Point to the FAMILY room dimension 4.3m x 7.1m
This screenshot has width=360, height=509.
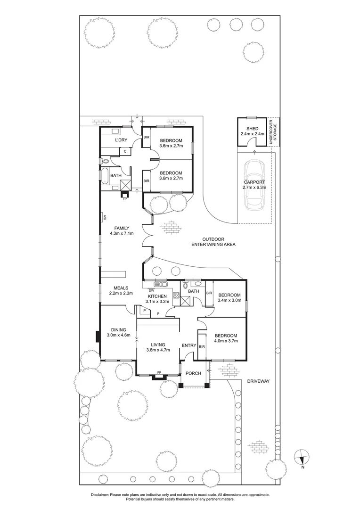tap(122, 233)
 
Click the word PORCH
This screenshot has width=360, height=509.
tap(193, 373)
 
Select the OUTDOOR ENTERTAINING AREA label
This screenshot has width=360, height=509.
tap(213, 242)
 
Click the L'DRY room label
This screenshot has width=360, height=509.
tap(122, 140)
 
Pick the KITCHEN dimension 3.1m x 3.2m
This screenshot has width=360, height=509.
tap(156, 302)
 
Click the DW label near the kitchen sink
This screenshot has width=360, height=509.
tap(150, 290)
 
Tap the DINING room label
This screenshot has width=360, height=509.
tap(118, 330)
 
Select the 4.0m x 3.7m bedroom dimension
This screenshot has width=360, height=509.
tap(226, 341)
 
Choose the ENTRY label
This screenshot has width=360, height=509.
tap(189, 346)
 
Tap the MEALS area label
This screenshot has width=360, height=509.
tap(121, 287)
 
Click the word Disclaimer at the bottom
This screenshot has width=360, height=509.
tap(102, 495)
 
